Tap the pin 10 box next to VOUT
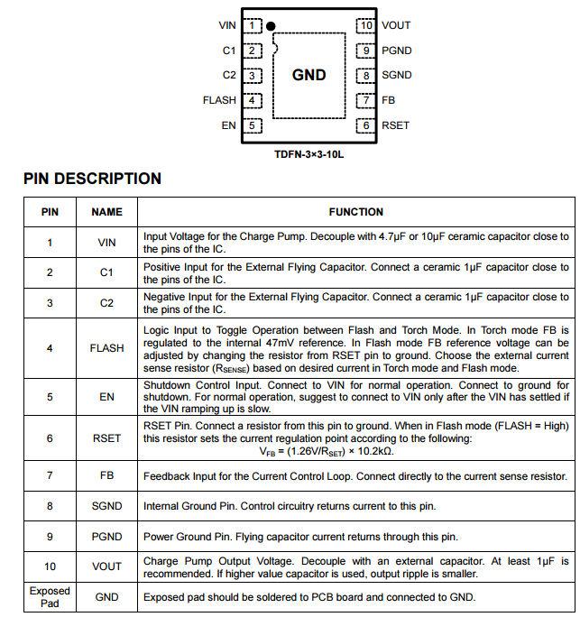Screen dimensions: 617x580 pos(365,26)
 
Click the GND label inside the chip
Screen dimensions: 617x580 pos(308,76)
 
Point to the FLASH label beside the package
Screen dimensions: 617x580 pos(219,101)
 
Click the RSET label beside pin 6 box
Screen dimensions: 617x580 pos(395,125)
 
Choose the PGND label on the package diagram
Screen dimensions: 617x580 pos(396,51)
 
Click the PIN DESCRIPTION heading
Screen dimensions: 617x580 pos(92,179)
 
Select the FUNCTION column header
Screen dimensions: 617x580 pos(355,212)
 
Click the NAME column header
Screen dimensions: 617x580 pos(106,212)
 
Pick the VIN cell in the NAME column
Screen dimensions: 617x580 pos(106,243)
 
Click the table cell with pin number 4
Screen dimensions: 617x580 pos(50,348)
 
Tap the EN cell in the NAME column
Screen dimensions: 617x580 pos(106,395)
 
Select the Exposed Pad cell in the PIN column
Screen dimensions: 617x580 pos(50,596)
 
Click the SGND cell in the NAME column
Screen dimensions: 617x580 pos(106,506)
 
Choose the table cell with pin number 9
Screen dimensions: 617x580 pos(50,537)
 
